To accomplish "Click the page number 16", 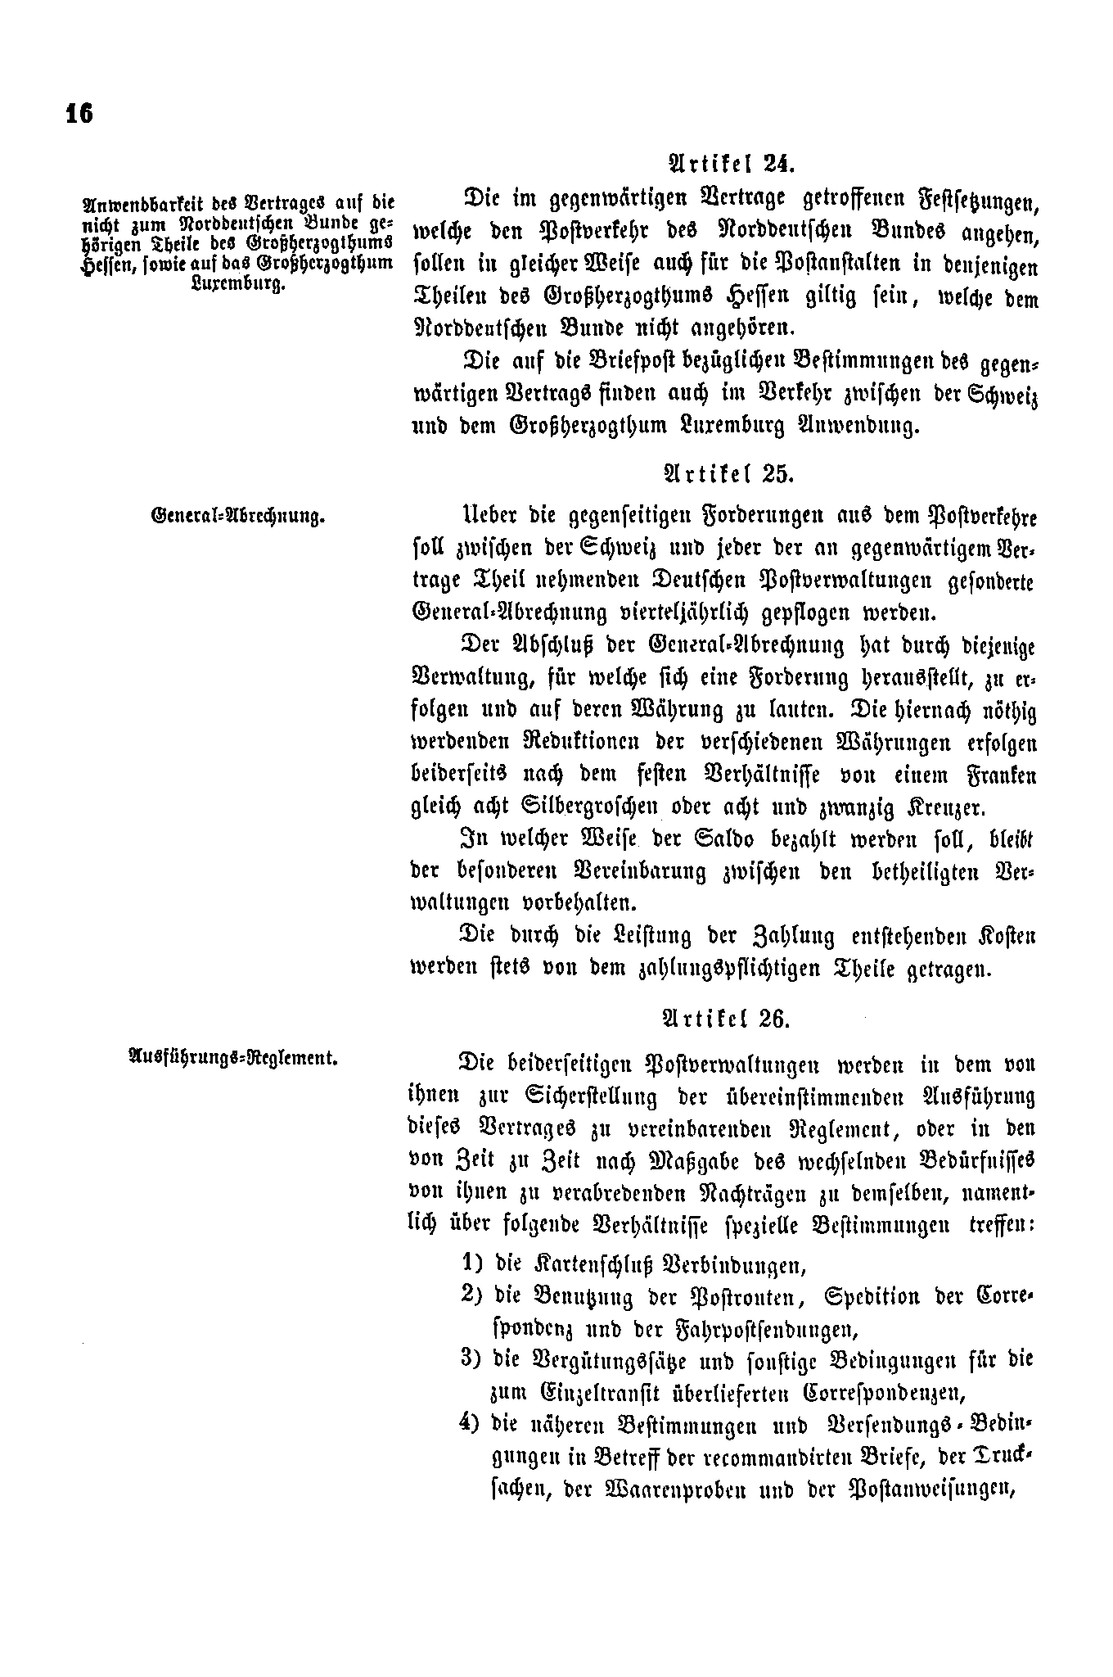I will pyautogui.click(x=79, y=114).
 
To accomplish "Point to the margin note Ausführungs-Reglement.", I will pyautogui.click(x=234, y=1057).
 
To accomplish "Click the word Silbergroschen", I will pyautogui.click(x=590, y=807).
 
